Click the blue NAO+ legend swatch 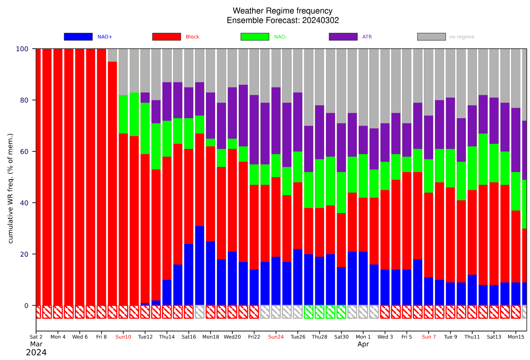(78, 37)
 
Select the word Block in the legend (192, 37)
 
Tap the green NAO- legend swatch (255, 37)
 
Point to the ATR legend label (367, 37)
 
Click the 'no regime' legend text (462, 37)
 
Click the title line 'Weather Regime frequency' (282, 11)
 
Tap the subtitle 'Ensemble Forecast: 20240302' (283, 20)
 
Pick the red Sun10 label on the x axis (123, 337)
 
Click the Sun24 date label (276, 337)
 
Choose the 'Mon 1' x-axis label (363, 337)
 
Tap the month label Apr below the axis (363, 344)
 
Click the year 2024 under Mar (36, 353)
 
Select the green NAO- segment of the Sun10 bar (123, 114)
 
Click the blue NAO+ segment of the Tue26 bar (298, 277)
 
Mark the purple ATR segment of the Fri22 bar (254, 130)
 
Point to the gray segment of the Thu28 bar (319, 77)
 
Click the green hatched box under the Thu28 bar (319, 312)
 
